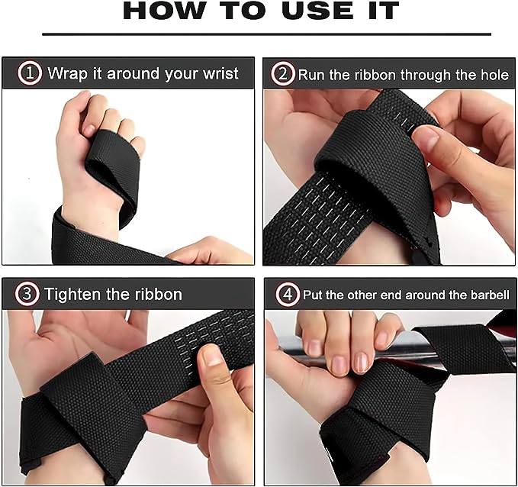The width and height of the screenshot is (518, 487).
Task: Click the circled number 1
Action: (30, 73)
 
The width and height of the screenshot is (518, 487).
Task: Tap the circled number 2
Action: (282, 74)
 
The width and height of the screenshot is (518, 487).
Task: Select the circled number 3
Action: (27, 294)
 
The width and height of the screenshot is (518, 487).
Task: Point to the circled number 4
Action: (288, 294)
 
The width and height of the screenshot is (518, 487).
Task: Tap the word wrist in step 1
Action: (220, 73)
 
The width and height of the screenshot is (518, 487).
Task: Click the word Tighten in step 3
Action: (72, 295)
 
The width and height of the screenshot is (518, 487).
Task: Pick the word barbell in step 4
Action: (491, 295)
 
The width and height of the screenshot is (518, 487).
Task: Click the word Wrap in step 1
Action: (67, 74)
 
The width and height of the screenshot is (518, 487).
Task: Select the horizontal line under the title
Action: (266, 34)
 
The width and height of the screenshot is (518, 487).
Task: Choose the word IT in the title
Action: (384, 11)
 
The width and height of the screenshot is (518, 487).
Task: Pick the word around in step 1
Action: (133, 74)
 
